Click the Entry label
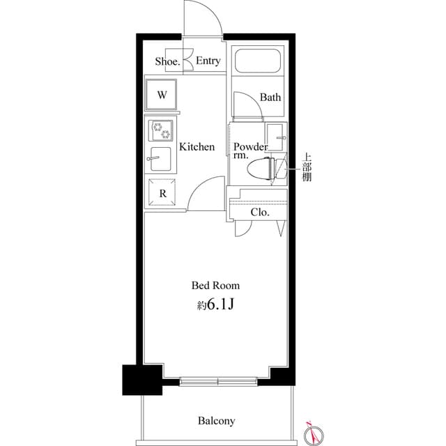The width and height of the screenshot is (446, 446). tap(208, 61)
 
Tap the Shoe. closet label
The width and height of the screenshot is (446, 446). tap(167, 61)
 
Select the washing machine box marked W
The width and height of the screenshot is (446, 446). tap(161, 95)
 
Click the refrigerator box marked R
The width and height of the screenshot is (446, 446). tap(162, 193)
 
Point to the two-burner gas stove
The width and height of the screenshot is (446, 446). tap(161, 130)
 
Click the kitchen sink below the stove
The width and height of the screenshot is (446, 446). tap(161, 157)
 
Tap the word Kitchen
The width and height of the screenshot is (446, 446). tap(197, 147)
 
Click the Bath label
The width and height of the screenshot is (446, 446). tap(270, 98)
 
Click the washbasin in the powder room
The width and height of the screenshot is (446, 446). tap(277, 136)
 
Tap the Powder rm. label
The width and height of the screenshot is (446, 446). tap(249, 151)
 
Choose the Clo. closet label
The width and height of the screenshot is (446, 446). tap(260, 213)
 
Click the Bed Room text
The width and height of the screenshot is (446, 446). tap(216, 286)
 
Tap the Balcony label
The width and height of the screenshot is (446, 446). tap(216, 421)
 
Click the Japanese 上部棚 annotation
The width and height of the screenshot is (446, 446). tap(307, 167)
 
